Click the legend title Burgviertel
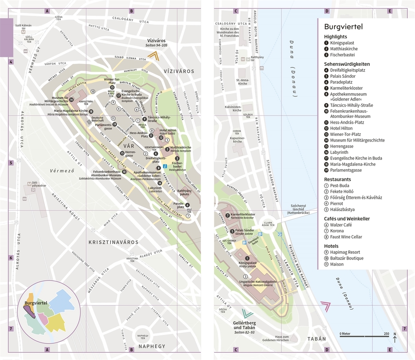pyautogui.click(x=343, y=27)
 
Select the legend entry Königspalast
pyautogui.click(x=342, y=43)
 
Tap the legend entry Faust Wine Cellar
pyautogui.click(x=346, y=237)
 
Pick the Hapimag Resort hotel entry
pyautogui.click(x=345, y=252)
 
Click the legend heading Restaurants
pyautogui.click(x=337, y=179)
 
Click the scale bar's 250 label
pyautogui.click(x=386, y=334)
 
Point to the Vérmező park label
pyautogui.click(x=59, y=171)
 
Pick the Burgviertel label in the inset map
pyautogui.click(x=36, y=303)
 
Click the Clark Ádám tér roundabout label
pyautogui.click(x=268, y=224)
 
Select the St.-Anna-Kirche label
pyautogui.click(x=242, y=82)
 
